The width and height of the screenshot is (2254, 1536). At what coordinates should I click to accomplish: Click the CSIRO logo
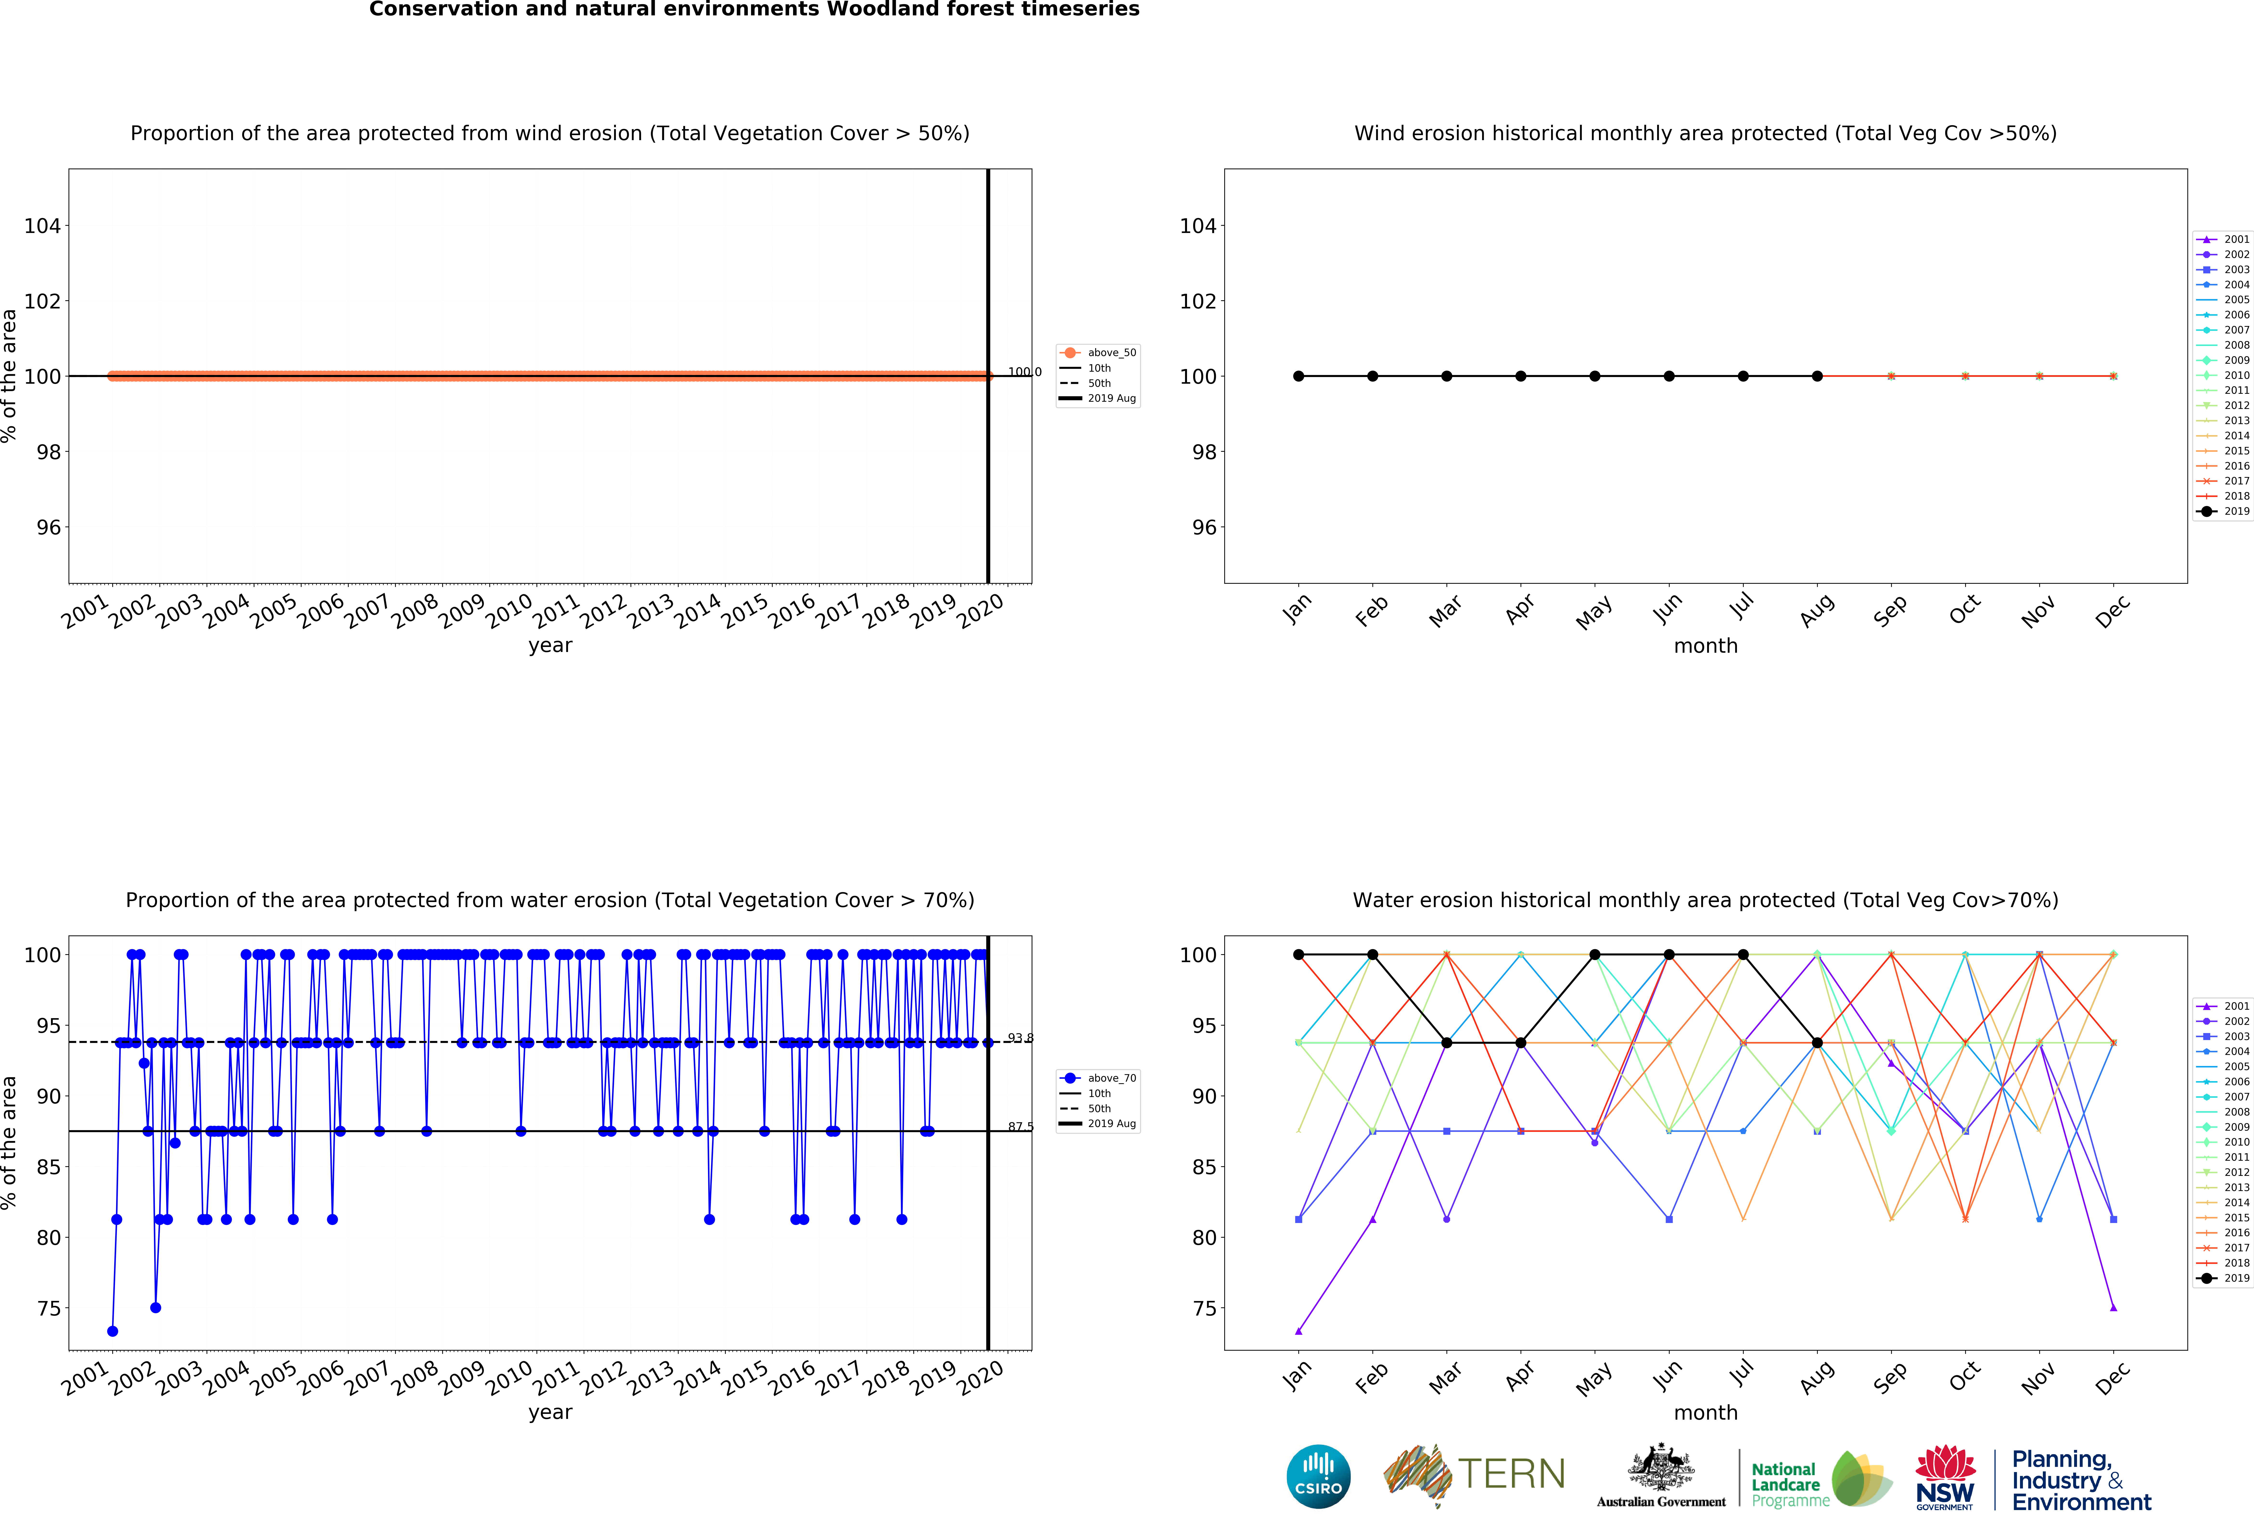(1318, 1477)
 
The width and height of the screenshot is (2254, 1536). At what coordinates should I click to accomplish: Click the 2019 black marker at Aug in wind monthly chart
(1817, 376)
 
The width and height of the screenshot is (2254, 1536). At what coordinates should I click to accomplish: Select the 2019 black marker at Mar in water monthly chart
(1446, 1042)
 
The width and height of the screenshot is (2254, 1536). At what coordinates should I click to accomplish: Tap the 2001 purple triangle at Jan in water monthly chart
(1299, 1331)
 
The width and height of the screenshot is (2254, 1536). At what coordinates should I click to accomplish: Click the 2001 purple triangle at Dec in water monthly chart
(2113, 1308)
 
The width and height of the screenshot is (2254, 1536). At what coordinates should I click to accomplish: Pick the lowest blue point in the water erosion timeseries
(113, 1331)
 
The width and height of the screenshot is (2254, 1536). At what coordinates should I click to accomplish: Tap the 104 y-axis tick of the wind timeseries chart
(42, 226)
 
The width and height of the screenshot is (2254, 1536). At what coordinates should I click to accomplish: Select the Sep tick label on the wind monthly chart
(1890, 611)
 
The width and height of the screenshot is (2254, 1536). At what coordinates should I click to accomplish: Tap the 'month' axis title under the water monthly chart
(1705, 1413)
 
